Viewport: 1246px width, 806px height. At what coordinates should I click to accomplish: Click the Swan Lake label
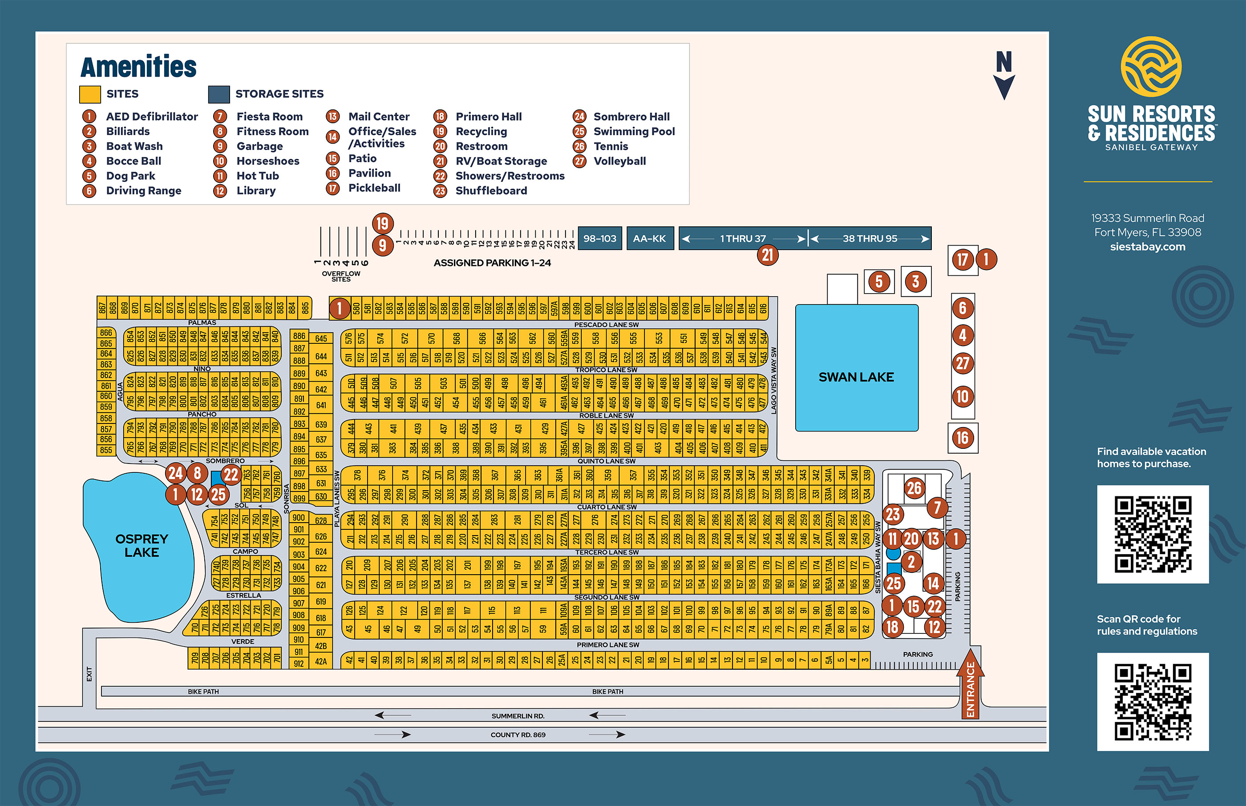click(856, 377)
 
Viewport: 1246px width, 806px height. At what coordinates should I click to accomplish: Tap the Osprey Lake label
click(142, 545)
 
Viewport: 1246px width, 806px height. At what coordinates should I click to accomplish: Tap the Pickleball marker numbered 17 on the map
click(962, 260)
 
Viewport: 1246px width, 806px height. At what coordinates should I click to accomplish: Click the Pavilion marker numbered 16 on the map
click(962, 438)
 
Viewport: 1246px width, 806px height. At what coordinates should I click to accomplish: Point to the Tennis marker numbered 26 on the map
click(914, 488)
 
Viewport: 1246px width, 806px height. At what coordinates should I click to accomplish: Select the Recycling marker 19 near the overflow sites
click(383, 223)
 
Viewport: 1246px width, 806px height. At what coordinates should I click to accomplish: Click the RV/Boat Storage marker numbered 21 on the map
click(768, 255)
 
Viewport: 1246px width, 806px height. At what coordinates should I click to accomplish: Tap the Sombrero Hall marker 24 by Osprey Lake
click(175, 473)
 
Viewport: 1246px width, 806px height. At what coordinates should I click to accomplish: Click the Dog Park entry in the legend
click(130, 176)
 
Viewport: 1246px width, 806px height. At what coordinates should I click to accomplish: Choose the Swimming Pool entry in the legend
click(634, 131)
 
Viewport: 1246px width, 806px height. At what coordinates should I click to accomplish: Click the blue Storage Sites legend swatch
click(219, 94)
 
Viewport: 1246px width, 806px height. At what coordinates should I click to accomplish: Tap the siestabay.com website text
click(1148, 246)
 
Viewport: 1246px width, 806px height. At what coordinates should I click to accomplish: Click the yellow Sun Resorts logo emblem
click(1151, 66)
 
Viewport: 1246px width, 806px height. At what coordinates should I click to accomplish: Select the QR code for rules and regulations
click(1153, 701)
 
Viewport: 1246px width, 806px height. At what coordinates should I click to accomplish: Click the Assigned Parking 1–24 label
click(492, 263)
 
